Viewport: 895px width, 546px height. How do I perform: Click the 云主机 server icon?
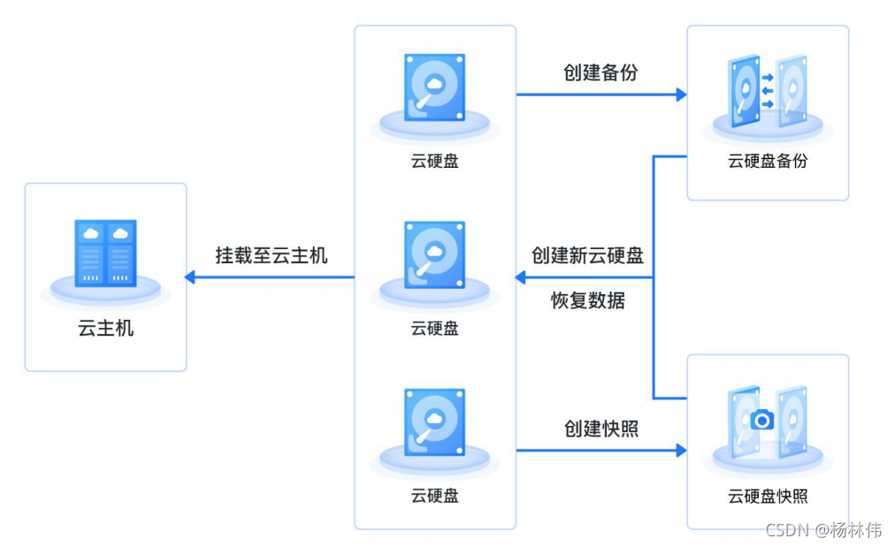[x=105, y=254]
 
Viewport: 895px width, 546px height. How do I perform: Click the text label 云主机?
[x=105, y=329]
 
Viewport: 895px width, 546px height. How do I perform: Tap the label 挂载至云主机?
[x=272, y=255]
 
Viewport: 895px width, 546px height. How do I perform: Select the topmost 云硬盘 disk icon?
[x=434, y=87]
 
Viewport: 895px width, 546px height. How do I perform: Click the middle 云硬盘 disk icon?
[x=434, y=254]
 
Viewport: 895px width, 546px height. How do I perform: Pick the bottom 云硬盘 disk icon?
[x=434, y=421]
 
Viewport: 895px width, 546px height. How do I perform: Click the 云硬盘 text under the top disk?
[x=434, y=161]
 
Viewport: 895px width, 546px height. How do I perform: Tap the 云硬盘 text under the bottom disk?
[x=434, y=495]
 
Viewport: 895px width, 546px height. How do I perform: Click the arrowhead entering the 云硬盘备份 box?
[x=682, y=95]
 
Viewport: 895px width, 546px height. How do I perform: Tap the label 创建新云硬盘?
[x=587, y=255]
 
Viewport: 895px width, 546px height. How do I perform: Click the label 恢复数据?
[x=587, y=300]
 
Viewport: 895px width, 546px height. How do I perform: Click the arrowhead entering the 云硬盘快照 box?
[x=682, y=451]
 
